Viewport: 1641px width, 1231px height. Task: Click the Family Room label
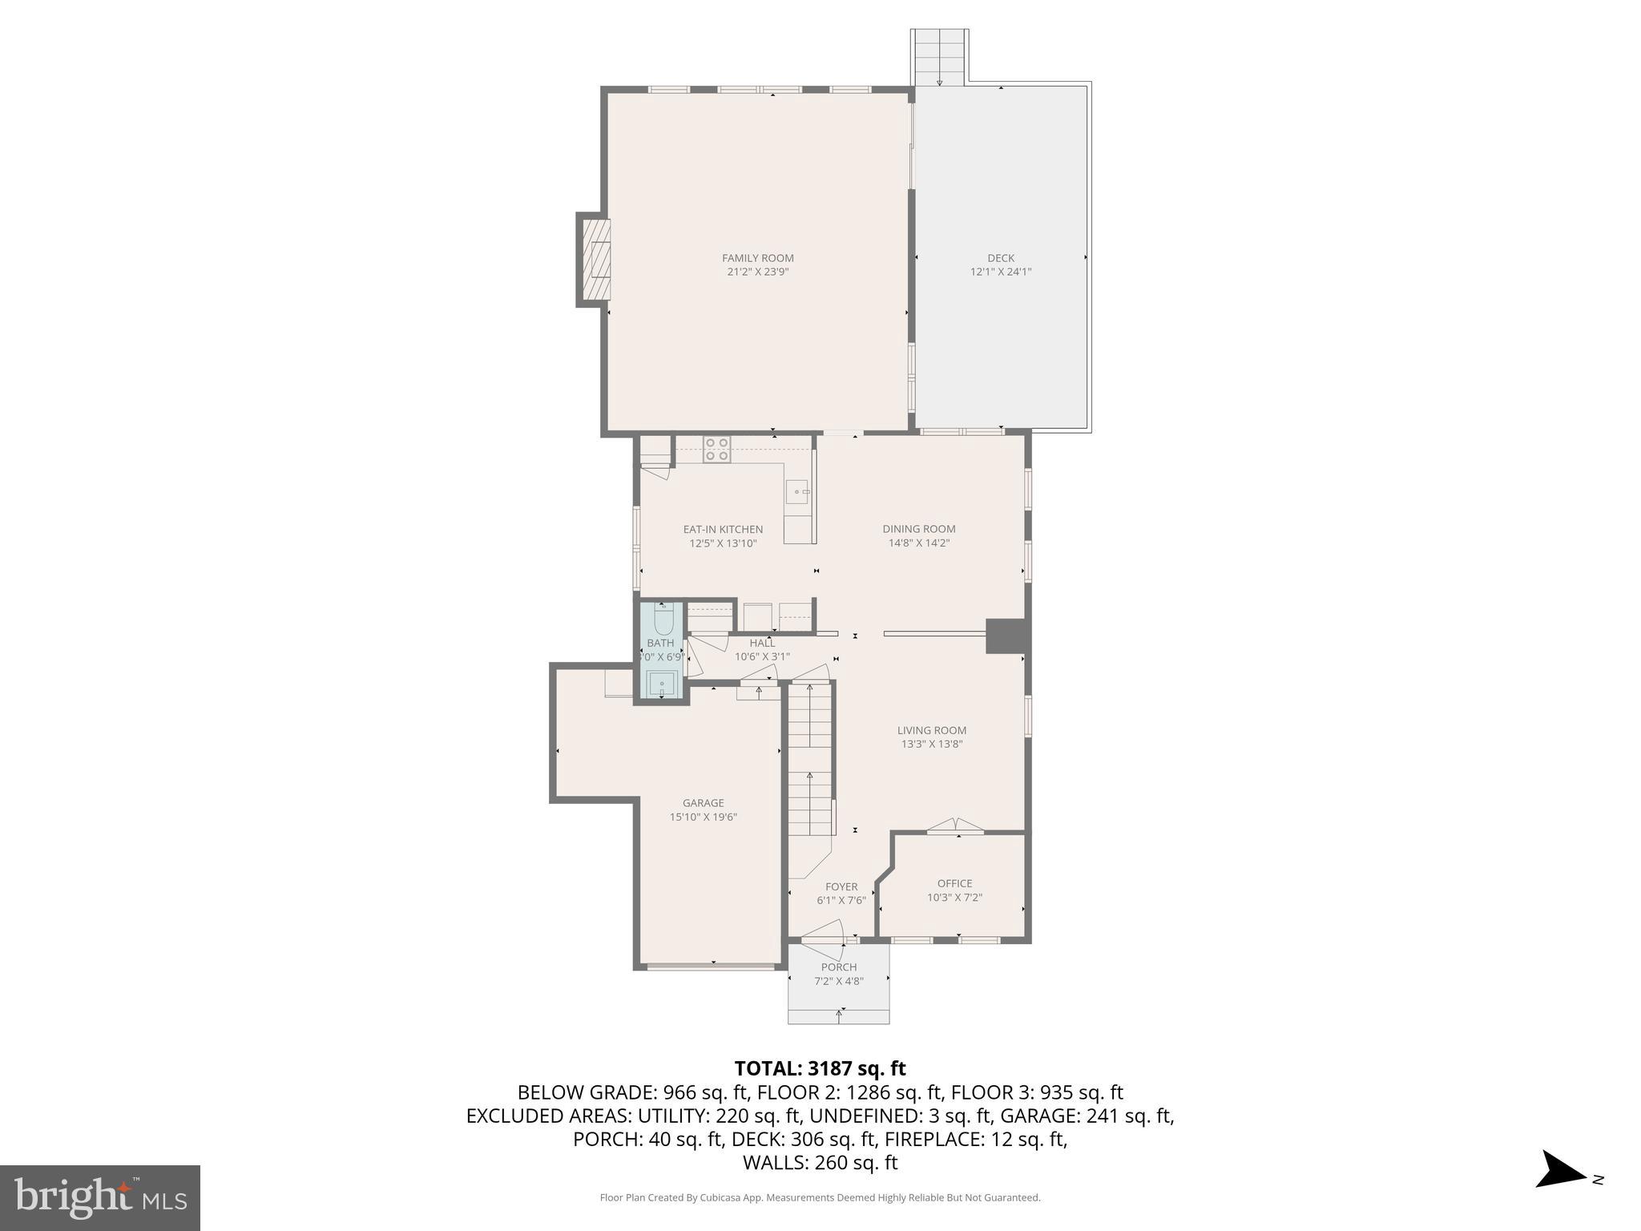click(x=757, y=258)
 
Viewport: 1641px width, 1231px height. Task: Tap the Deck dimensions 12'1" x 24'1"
click(x=1000, y=272)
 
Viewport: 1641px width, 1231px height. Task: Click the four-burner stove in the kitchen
click(x=716, y=449)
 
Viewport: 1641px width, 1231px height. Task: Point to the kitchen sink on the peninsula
click(x=798, y=491)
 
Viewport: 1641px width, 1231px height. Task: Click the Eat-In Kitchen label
click(x=723, y=530)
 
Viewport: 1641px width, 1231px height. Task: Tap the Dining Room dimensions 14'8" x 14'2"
click(x=918, y=543)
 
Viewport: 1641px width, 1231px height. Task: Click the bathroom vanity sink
click(x=663, y=685)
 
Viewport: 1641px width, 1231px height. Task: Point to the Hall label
click(x=762, y=643)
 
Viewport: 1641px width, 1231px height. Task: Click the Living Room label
click(x=931, y=730)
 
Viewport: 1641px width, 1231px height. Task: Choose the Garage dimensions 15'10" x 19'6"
click(x=703, y=817)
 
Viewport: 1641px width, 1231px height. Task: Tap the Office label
click(x=954, y=883)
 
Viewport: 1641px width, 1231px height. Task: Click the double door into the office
click(x=955, y=826)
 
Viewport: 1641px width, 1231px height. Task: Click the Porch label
click(x=838, y=967)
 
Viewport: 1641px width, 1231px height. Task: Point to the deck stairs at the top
click(x=939, y=56)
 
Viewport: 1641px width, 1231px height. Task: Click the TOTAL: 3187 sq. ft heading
click(x=820, y=1068)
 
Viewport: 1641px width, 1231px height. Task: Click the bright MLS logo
click(x=100, y=1197)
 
